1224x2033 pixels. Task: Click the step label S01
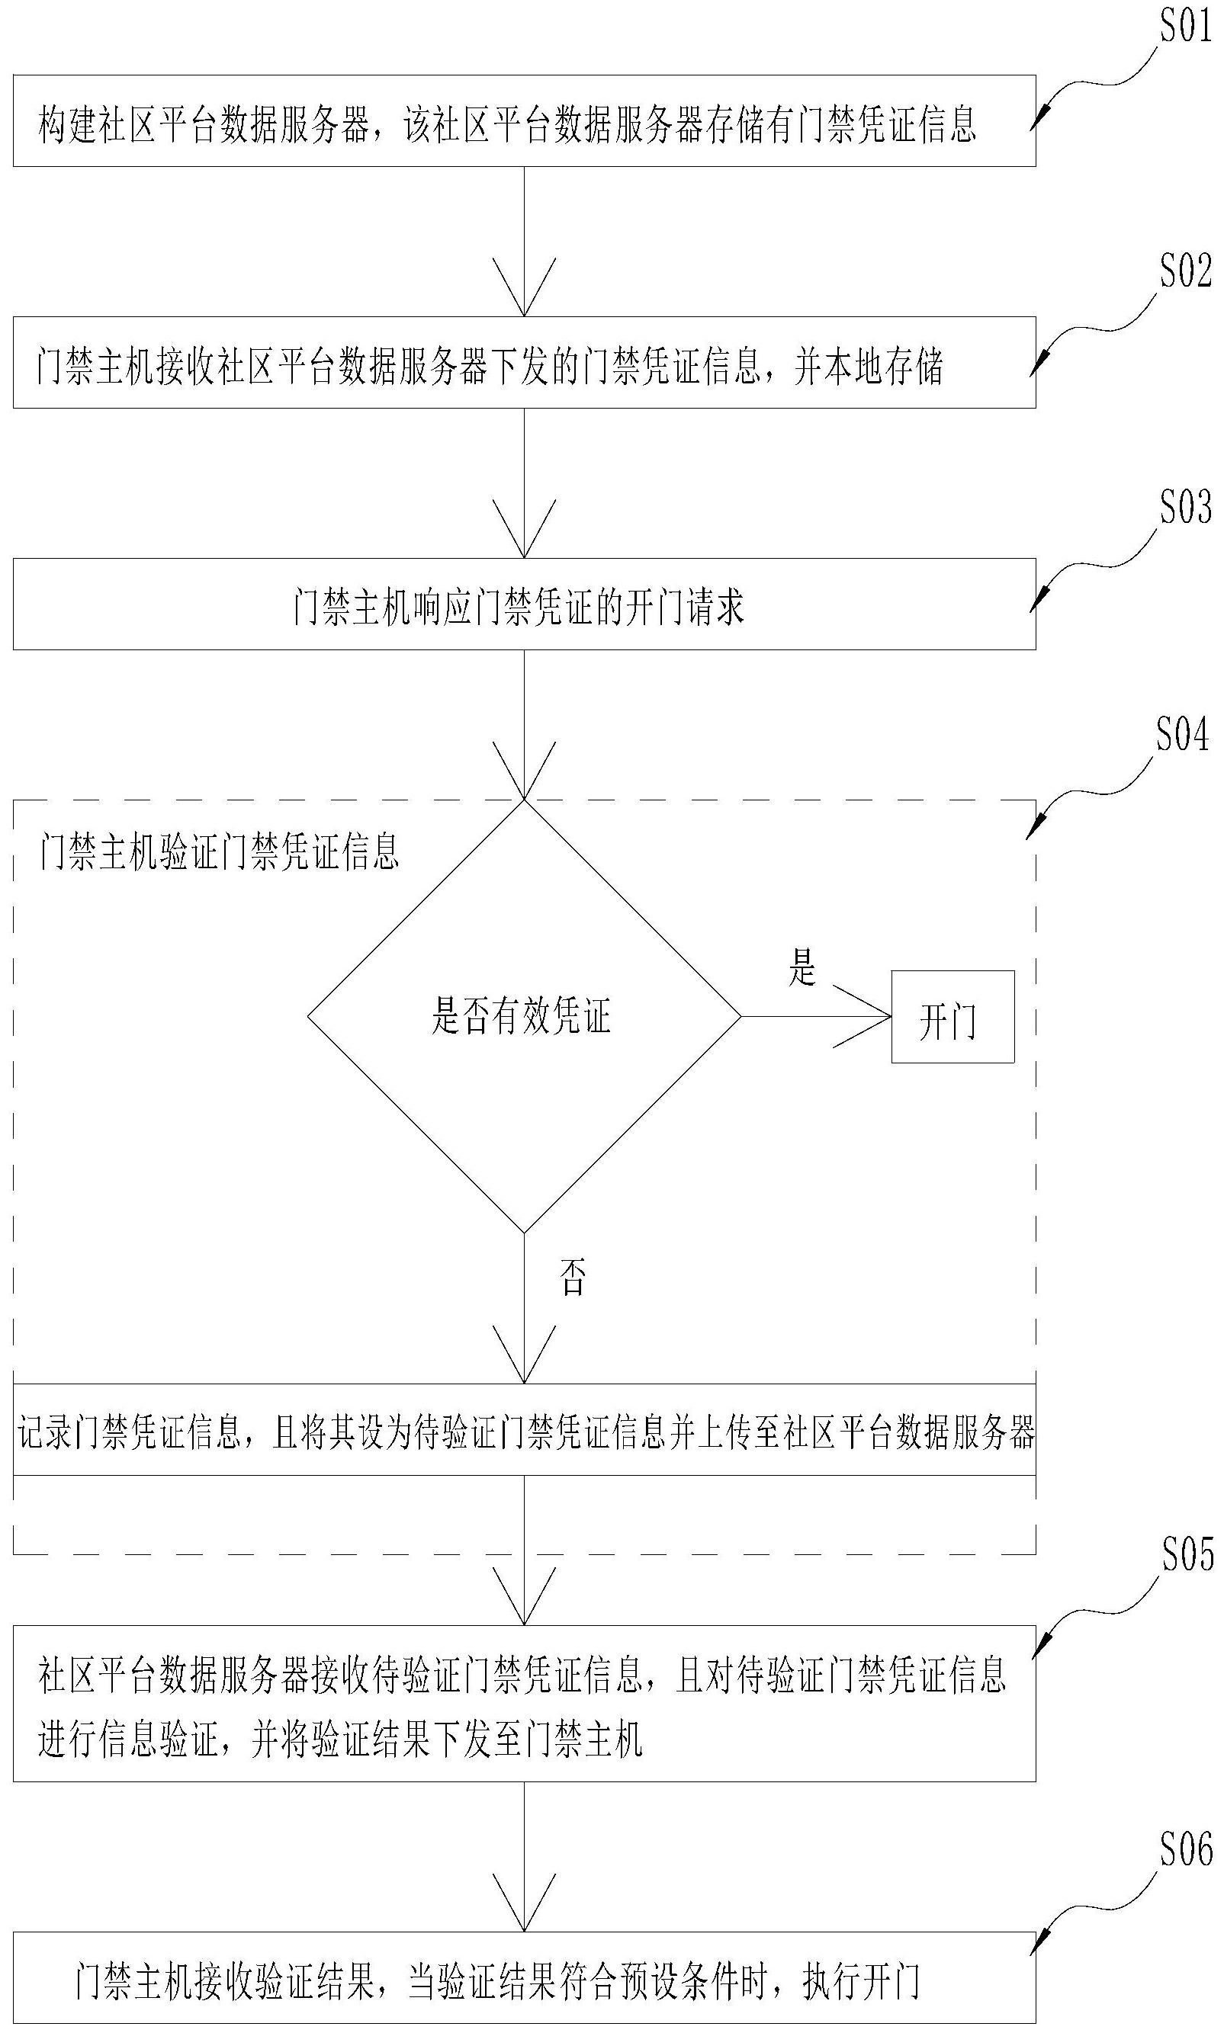coord(1185,28)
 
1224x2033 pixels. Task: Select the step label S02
coord(1185,271)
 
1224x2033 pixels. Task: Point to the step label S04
coord(1181,735)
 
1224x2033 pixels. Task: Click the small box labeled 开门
coord(952,1017)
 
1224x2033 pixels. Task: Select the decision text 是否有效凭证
coord(522,1015)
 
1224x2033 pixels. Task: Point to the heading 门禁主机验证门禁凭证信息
coord(220,851)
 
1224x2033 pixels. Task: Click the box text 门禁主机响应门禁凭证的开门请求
coord(519,607)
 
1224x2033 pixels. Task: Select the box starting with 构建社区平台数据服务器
coord(524,121)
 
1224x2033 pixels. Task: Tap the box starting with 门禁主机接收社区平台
coord(524,363)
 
